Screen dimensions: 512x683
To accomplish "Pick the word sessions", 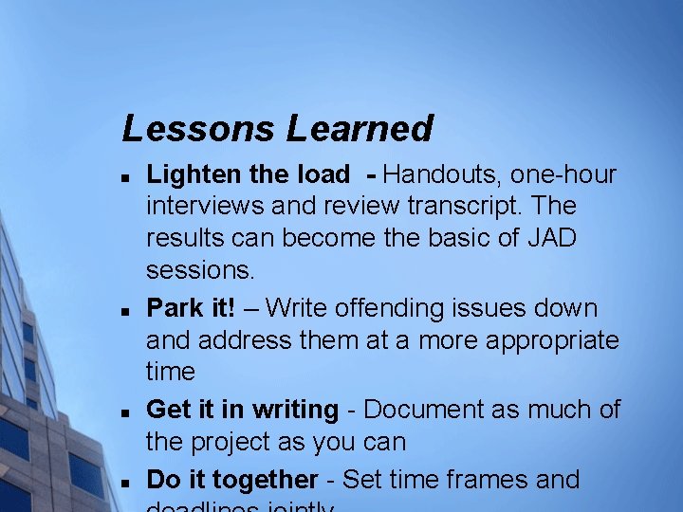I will (x=200, y=271).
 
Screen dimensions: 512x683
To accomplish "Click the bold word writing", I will (x=293, y=410).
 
